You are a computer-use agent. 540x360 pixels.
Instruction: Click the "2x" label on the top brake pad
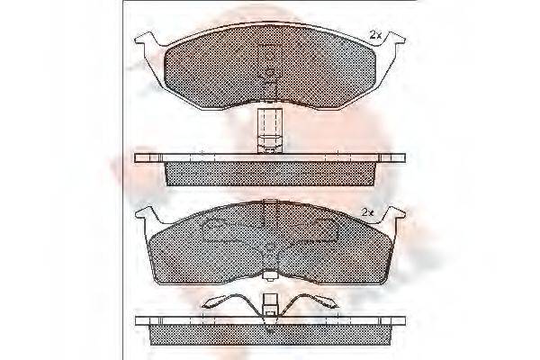375,34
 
